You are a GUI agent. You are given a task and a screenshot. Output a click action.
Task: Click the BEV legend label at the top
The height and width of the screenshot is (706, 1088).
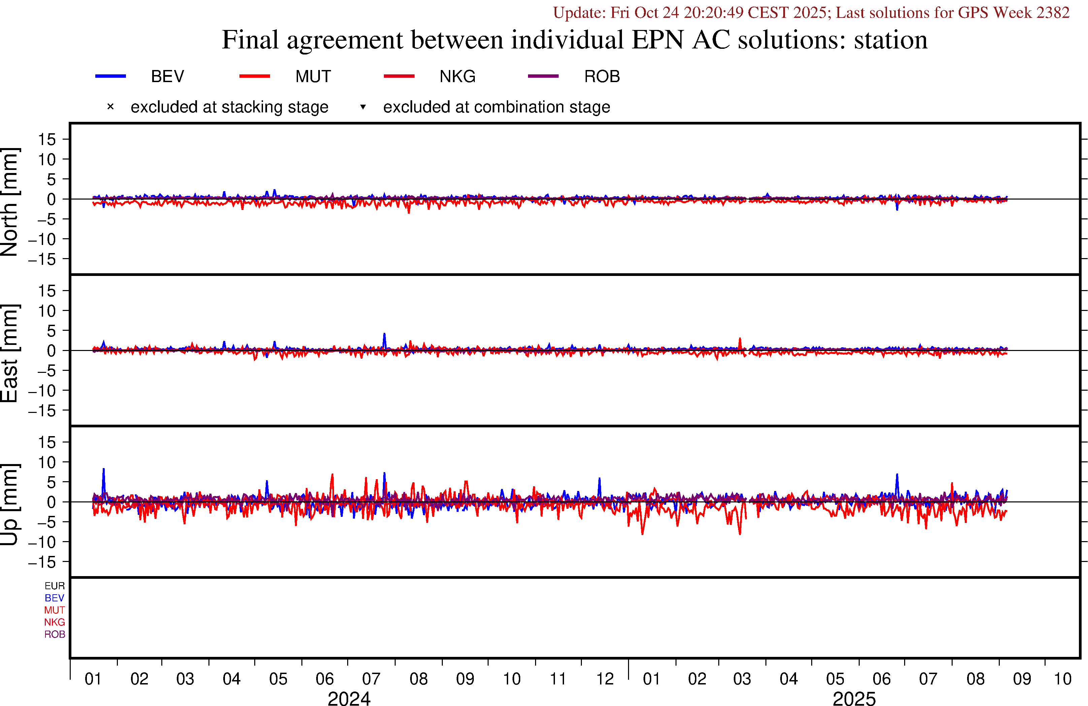click(x=167, y=76)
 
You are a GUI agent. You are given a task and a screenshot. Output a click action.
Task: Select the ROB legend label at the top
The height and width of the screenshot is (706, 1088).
click(x=602, y=76)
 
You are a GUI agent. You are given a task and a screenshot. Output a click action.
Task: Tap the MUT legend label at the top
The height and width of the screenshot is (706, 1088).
click(x=313, y=76)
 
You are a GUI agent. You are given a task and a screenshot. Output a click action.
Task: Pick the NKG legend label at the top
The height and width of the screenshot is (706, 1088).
click(x=457, y=76)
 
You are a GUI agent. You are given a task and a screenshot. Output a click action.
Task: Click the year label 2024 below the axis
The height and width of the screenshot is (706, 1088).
click(x=349, y=698)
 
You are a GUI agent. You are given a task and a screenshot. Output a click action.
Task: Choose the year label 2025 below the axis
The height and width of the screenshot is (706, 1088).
click(x=854, y=698)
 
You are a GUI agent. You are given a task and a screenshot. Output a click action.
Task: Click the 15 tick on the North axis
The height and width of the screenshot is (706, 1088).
click(x=46, y=139)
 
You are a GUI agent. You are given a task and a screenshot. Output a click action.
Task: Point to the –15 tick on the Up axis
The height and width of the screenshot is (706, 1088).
click(x=42, y=562)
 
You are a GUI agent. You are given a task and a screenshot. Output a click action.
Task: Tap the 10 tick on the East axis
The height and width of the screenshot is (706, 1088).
click(x=46, y=311)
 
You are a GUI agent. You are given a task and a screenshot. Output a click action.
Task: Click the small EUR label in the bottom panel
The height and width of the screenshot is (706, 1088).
click(x=55, y=586)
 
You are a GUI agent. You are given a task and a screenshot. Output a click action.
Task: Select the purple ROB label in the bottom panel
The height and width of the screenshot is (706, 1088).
click(x=55, y=634)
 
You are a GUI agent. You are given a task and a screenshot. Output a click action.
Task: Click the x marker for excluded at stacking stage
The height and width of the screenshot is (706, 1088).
click(x=110, y=107)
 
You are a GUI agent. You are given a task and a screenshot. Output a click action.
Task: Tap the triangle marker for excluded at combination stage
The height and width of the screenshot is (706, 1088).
click(x=363, y=107)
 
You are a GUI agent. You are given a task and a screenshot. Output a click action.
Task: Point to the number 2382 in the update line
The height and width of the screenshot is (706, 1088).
click(x=1052, y=12)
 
